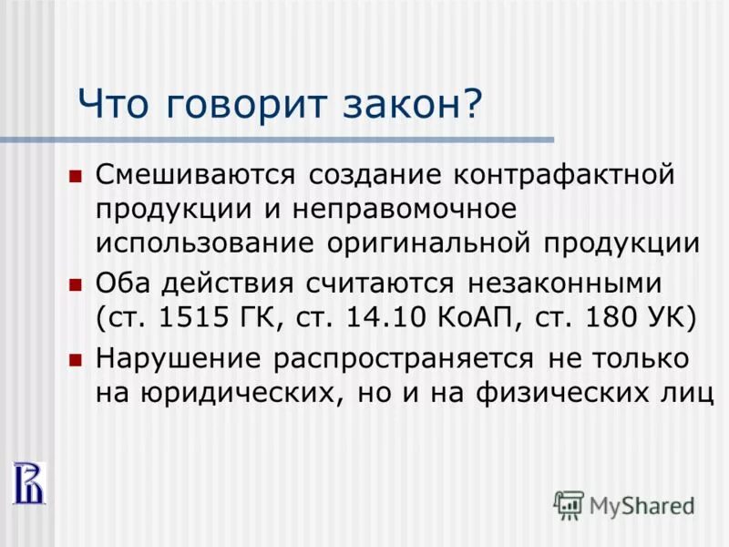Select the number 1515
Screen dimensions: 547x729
190,319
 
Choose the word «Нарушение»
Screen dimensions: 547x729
179,359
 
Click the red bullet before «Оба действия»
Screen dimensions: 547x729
76,284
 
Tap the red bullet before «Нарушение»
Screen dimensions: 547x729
76,359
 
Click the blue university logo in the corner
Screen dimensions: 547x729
26,481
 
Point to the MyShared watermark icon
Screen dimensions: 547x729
570,505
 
